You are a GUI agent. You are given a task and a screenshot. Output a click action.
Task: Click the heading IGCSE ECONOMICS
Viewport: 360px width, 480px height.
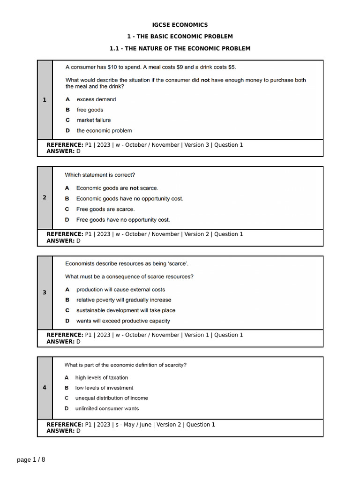click(x=180, y=25)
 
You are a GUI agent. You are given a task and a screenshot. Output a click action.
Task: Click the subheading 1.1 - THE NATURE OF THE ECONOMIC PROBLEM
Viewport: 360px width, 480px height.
click(x=180, y=48)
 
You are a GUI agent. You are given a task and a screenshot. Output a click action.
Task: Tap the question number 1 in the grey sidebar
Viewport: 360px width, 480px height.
click(x=45, y=99)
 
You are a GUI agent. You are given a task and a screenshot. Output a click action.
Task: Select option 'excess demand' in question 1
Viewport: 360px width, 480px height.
click(x=96, y=99)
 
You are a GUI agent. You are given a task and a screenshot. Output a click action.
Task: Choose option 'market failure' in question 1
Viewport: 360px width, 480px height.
click(x=94, y=120)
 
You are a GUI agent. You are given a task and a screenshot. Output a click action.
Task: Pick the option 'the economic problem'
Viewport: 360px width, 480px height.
click(x=104, y=131)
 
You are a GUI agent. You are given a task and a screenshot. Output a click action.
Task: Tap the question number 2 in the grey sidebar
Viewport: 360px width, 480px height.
click(x=45, y=197)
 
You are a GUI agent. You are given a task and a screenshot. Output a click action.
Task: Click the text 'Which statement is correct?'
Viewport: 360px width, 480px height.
click(x=100, y=175)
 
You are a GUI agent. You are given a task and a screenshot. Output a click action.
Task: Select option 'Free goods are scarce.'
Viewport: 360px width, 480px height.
click(x=105, y=209)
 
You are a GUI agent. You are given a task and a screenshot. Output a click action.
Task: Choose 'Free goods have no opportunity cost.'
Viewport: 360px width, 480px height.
click(x=123, y=219)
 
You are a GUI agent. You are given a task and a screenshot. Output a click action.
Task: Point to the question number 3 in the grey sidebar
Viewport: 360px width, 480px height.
click(x=45, y=292)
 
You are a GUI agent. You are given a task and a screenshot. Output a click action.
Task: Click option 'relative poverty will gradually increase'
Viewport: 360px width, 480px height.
click(x=124, y=300)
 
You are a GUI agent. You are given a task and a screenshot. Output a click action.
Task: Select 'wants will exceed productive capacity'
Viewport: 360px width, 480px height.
click(x=123, y=321)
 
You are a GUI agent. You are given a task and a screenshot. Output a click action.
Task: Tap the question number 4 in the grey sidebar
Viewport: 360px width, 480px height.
click(x=45, y=388)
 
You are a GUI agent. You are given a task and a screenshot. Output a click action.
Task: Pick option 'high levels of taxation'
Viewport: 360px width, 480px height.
click(x=101, y=377)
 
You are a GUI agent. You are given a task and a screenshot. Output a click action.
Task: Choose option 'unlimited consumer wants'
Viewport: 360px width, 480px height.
click(x=107, y=408)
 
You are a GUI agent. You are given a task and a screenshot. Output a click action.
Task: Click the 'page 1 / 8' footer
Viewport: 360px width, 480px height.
click(x=31, y=459)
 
